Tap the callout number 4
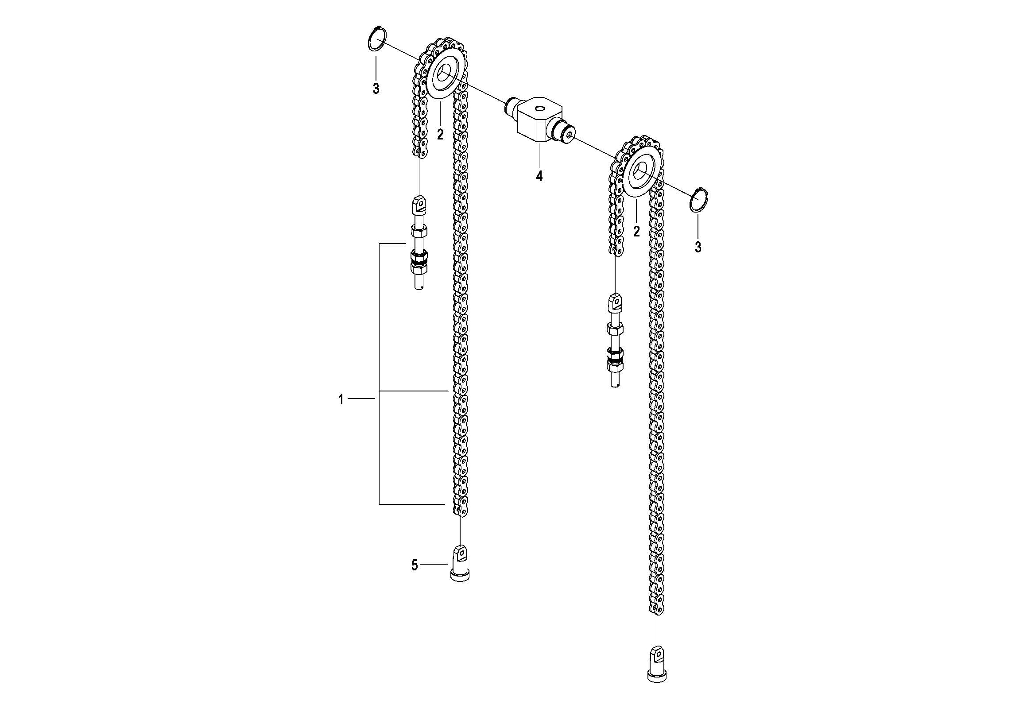click(x=539, y=176)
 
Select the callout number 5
click(x=414, y=566)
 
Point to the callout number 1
click(x=341, y=399)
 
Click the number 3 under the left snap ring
click(x=376, y=88)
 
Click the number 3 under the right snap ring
click(x=698, y=246)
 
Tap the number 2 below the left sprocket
click(x=440, y=134)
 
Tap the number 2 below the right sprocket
click(x=636, y=231)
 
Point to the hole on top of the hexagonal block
click(x=538, y=108)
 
